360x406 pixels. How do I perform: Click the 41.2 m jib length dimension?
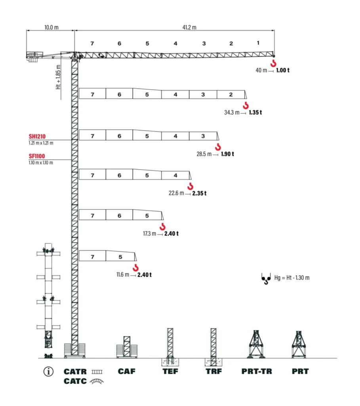coord(189,27)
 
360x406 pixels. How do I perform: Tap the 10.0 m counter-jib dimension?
coord(51,27)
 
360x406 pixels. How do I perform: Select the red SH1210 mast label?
coord(37,136)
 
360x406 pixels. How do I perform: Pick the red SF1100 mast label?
coord(37,156)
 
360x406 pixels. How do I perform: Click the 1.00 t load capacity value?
coord(283,70)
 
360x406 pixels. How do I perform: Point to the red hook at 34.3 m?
coord(246,105)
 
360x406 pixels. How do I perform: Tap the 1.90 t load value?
coord(227,154)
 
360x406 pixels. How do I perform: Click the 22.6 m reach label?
coord(176,193)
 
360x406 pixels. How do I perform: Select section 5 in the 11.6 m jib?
coord(120,257)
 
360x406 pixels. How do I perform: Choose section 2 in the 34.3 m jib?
coord(230,94)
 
